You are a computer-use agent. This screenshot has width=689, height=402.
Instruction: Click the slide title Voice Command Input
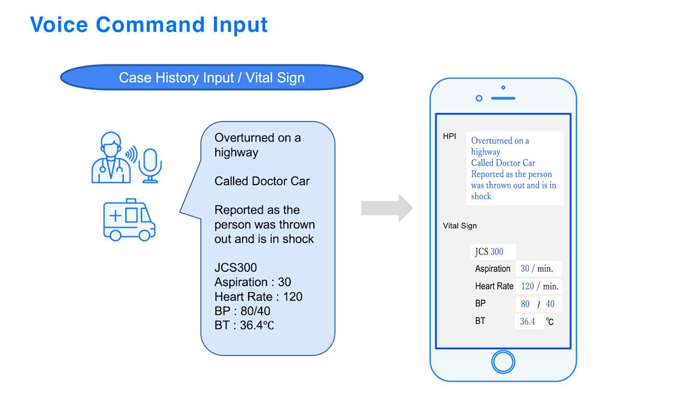click(x=149, y=25)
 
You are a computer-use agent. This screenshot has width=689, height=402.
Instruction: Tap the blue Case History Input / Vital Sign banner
click(x=212, y=77)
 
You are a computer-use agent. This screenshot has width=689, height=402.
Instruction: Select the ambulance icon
click(x=129, y=219)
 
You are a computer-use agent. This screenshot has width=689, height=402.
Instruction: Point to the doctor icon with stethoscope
click(x=110, y=158)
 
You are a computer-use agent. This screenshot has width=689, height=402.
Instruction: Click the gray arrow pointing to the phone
click(x=386, y=208)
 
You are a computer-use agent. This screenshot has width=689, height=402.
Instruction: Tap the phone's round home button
click(x=503, y=361)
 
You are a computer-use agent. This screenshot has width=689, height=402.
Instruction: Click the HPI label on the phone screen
click(x=449, y=137)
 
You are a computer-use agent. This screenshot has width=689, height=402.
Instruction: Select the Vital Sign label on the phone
click(x=460, y=226)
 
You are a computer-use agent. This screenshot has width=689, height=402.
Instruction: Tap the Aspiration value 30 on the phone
click(x=525, y=269)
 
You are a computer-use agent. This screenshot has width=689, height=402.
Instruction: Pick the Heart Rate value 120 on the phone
click(x=527, y=286)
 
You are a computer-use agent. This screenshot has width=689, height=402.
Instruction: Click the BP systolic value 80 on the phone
click(x=525, y=304)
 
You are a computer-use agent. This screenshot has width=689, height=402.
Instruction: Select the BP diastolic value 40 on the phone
click(x=550, y=304)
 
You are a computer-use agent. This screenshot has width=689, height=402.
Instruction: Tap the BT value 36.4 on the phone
click(x=528, y=322)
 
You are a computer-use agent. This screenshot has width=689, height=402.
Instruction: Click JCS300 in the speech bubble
click(x=236, y=267)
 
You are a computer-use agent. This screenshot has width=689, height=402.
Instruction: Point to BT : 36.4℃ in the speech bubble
click(x=244, y=326)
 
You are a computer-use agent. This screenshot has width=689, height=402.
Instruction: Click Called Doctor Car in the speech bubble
click(x=262, y=181)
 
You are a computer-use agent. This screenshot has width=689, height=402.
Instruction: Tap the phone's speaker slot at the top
click(x=503, y=98)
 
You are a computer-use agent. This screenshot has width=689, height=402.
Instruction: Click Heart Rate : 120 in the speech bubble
click(x=258, y=297)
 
